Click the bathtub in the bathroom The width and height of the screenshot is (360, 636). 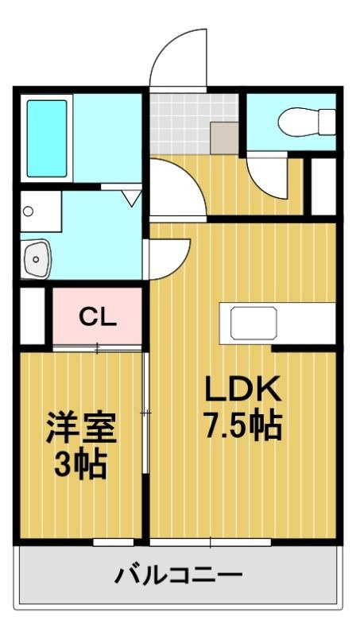[x=47, y=138]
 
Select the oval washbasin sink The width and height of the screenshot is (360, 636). [x=37, y=257]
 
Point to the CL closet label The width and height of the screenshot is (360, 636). [x=98, y=316]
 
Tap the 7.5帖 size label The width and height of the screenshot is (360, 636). [x=243, y=427]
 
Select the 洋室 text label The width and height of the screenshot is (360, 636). [x=80, y=429]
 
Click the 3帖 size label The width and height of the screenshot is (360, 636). [x=80, y=464]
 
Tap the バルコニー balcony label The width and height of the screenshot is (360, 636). [x=176, y=575]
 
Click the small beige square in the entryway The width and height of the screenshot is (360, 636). [x=224, y=137]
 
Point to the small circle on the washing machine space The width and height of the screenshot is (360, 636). [x=29, y=211]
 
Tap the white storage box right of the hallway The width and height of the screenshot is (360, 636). [x=323, y=188]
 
